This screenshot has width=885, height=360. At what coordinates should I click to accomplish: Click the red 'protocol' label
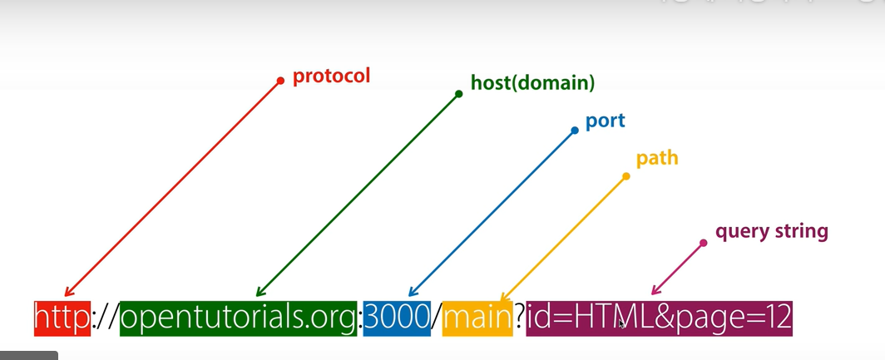[331, 76]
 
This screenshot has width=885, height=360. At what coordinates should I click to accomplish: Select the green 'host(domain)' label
[532, 83]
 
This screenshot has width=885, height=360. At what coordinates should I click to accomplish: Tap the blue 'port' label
[605, 121]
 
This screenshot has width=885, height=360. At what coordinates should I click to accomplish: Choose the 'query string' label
[771, 231]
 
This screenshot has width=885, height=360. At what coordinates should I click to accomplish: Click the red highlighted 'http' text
[62, 318]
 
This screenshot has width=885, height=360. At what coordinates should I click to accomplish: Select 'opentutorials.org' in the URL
[238, 318]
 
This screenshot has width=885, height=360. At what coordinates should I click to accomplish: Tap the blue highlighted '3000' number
[397, 318]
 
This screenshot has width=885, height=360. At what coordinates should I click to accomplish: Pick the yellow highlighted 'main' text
[477, 318]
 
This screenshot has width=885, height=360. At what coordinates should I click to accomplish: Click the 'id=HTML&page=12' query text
[659, 318]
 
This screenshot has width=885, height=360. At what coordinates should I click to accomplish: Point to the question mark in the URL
[519, 318]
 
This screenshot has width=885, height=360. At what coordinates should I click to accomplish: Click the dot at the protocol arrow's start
[280, 81]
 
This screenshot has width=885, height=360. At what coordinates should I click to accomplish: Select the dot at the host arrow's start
[458, 94]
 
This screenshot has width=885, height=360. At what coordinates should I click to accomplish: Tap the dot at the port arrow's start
[574, 131]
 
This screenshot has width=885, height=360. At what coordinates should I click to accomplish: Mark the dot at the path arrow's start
[625, 176]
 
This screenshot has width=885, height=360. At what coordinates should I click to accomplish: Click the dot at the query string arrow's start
[703, 243]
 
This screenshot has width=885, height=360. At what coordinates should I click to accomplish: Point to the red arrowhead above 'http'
[68, 292]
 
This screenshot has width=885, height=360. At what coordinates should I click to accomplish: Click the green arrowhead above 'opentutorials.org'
[259, 292]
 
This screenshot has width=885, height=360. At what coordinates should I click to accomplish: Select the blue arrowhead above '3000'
[411, 292]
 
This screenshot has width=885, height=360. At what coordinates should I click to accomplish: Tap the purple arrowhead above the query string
[655, 291]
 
